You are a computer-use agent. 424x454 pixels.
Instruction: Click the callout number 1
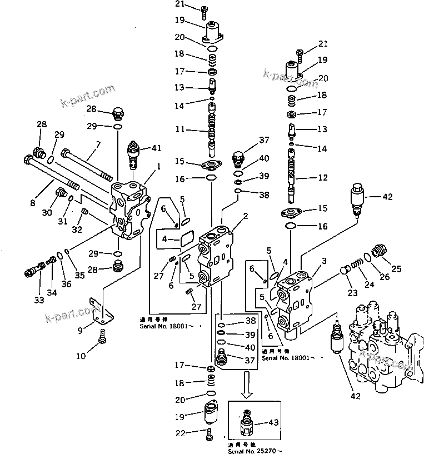click(x=158, y=166)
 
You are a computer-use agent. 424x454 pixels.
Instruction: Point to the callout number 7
click(x=98, y=144)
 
